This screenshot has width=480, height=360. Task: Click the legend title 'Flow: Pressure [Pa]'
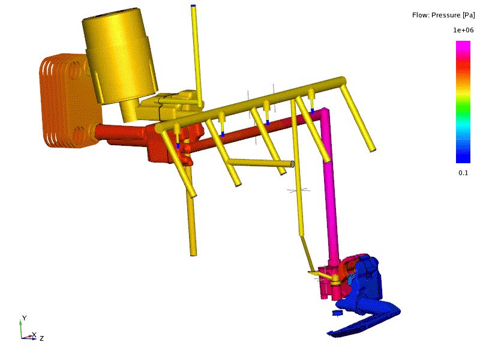443,15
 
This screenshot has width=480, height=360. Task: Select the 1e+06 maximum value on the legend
463,30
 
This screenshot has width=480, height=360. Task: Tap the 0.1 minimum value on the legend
463,173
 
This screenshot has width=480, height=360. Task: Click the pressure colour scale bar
463,102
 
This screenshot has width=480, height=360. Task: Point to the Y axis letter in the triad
24,318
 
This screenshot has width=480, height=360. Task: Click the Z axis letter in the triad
41,338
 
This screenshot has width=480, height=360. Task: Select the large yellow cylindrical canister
119,55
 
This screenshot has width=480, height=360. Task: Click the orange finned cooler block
69,101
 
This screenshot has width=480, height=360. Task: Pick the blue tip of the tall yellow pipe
193,5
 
